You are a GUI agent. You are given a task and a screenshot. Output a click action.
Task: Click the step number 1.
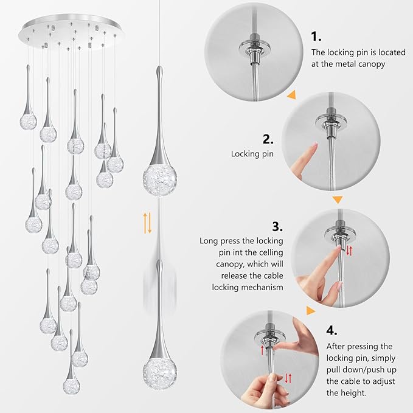click(316, 36)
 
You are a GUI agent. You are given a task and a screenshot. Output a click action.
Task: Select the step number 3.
click(277, 227)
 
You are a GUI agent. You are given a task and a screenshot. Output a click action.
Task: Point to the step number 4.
click(331, 330)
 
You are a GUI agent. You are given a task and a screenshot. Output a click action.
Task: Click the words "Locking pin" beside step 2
click(252, 154)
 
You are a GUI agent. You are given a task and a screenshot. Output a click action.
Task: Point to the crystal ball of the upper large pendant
click(156, 176)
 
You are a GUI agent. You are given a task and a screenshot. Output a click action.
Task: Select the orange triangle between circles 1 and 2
click(292, 95)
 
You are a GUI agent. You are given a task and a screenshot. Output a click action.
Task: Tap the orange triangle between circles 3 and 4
click(311, 311)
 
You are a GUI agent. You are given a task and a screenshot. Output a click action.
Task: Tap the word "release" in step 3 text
click(229, 276)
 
